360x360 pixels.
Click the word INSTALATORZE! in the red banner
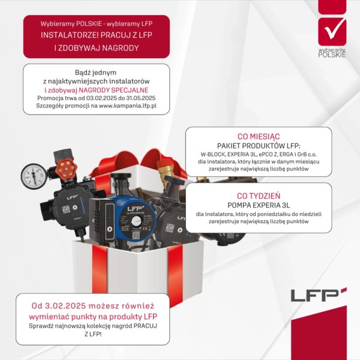[68, 35]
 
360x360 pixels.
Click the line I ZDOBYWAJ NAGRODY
[96, 47]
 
